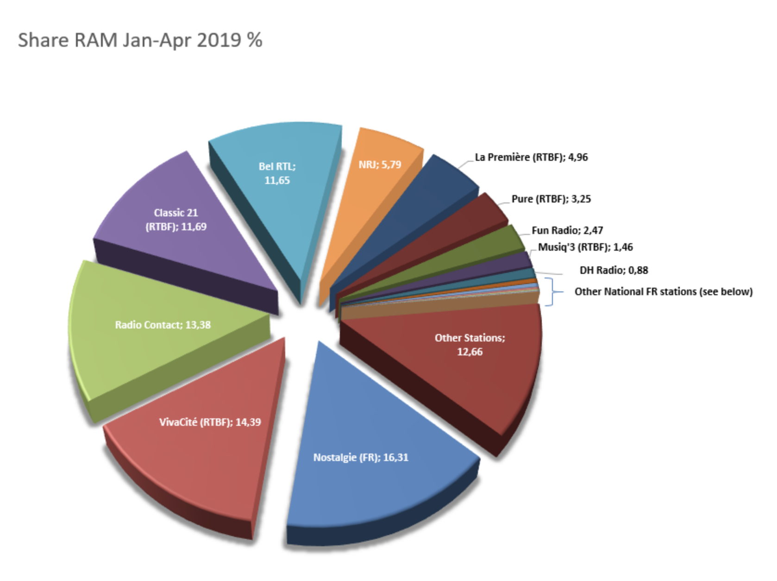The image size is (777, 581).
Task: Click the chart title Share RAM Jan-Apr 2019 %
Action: click(140, 40)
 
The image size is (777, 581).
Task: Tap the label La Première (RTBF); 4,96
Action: click(531, 158)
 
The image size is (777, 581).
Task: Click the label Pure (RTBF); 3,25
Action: click(551, 199)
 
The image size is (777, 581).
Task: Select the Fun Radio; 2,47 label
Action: click(567, 230)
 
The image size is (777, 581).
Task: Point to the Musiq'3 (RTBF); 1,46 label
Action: click(585, 247)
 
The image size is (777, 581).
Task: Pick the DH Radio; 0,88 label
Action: click(614, 270)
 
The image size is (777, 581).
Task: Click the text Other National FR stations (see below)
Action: click(663, 292)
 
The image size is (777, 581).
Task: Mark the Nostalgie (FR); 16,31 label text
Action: click(361, 458)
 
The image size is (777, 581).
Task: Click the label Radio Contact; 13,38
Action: click(163, 325)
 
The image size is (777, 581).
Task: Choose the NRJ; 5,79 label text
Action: click(380, 165)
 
